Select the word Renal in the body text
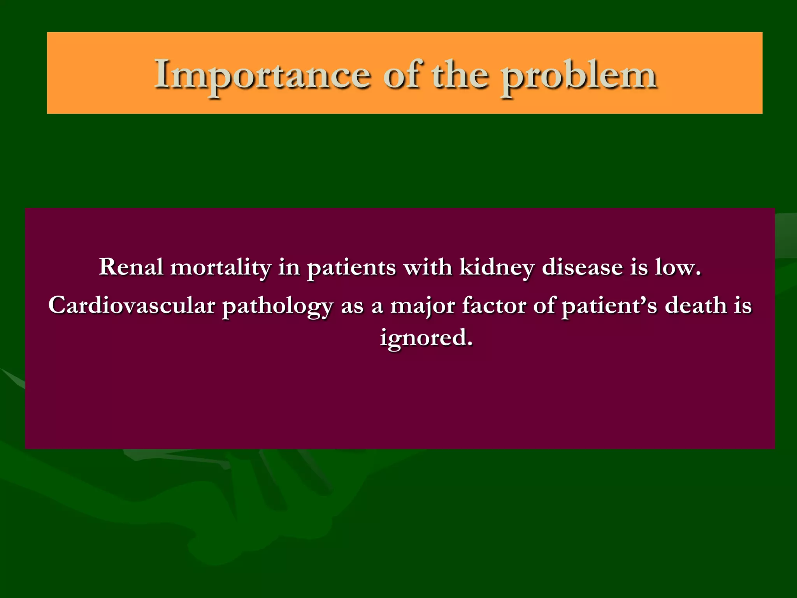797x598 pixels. pos(131,267)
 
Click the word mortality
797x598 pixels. pos(221,268)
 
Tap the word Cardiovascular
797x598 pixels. pos(132,305)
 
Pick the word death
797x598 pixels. pos(696,305)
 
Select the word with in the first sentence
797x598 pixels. pos(427,267)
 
